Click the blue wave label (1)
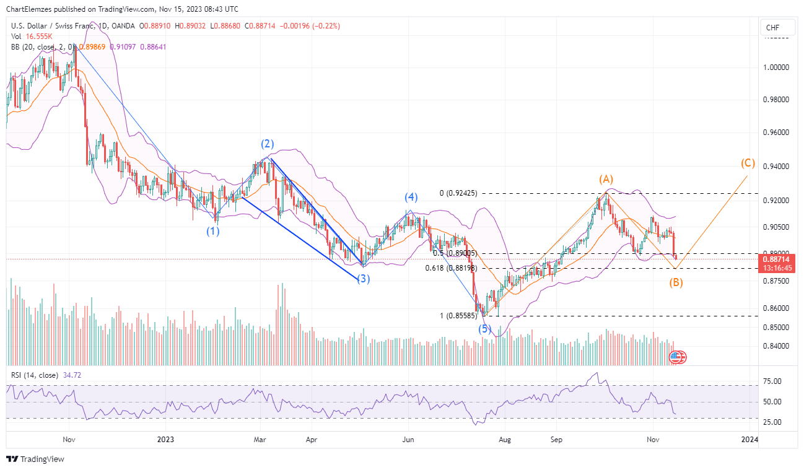click(x=213, y=231)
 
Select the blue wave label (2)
click(x=267, y=144)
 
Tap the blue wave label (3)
click(x=363, y=279)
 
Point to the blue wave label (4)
click(x=411, y=198)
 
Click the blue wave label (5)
click(x=484, y=329)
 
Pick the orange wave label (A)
click(x=605, y=180)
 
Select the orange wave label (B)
click(x=676, y=283)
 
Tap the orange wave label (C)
click(x=748, y=163)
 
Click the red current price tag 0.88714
click(x=777, y=258)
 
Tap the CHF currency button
click(x=772, y=28)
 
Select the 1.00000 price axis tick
click(x=776, y=67)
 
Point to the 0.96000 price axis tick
click(x=776, y=133)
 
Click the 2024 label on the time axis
click(x=749, y=439)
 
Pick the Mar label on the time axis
click(x=260, y=439)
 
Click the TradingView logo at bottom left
click(x=35, y=459)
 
